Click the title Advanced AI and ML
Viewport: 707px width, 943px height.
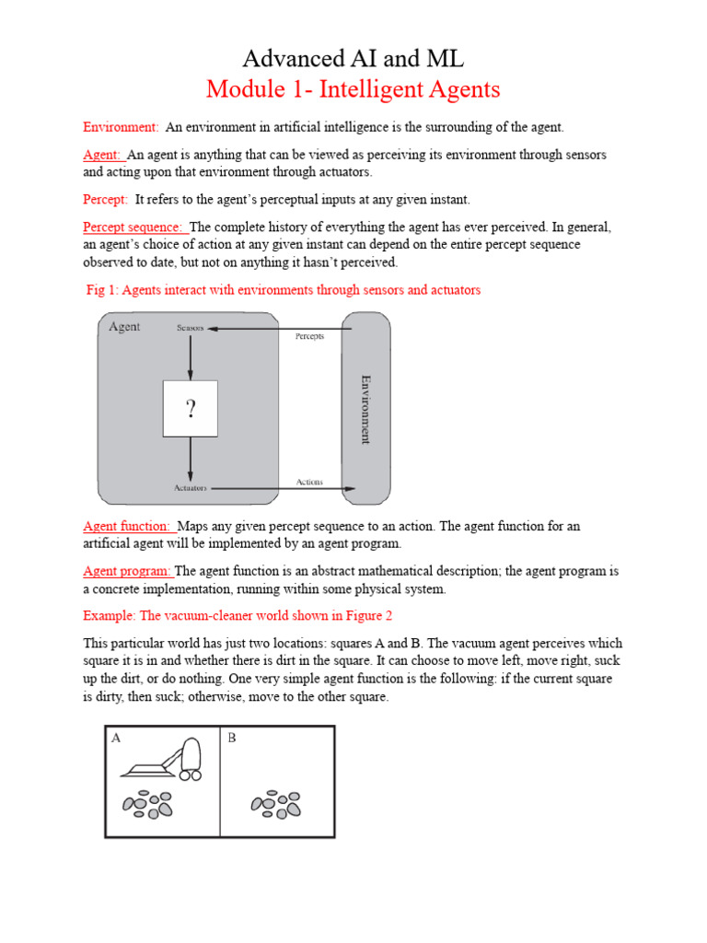click(x=353, y=59)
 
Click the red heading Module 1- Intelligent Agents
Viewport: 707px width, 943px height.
click(x=353, y=89)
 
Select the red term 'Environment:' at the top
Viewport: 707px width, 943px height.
click(x=121, y=126)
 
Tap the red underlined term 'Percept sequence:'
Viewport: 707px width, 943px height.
click(x=134, y=227)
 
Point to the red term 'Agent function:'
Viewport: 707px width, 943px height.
click(x=128, y=526)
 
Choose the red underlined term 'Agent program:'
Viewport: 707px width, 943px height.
click(x=127, y=571)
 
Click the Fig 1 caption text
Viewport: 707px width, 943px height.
click(x=283, y=290)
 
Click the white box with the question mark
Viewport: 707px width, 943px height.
click(x=191, y=408)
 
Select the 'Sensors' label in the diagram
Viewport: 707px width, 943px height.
click(x=190, y=328)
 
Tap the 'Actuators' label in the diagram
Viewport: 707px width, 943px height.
click(x=190, y=488)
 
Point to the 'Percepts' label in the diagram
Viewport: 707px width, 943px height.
click(x=309, y=336)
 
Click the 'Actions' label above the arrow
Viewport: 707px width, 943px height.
click(x=309, y=482)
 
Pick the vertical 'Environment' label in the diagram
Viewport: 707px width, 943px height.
click(x=365, y=409)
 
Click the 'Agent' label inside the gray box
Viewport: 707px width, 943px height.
click(x=124, y=327)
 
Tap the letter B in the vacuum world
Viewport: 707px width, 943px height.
click(x=231, y=738)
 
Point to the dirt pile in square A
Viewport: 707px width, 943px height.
click(x=148, y=804)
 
